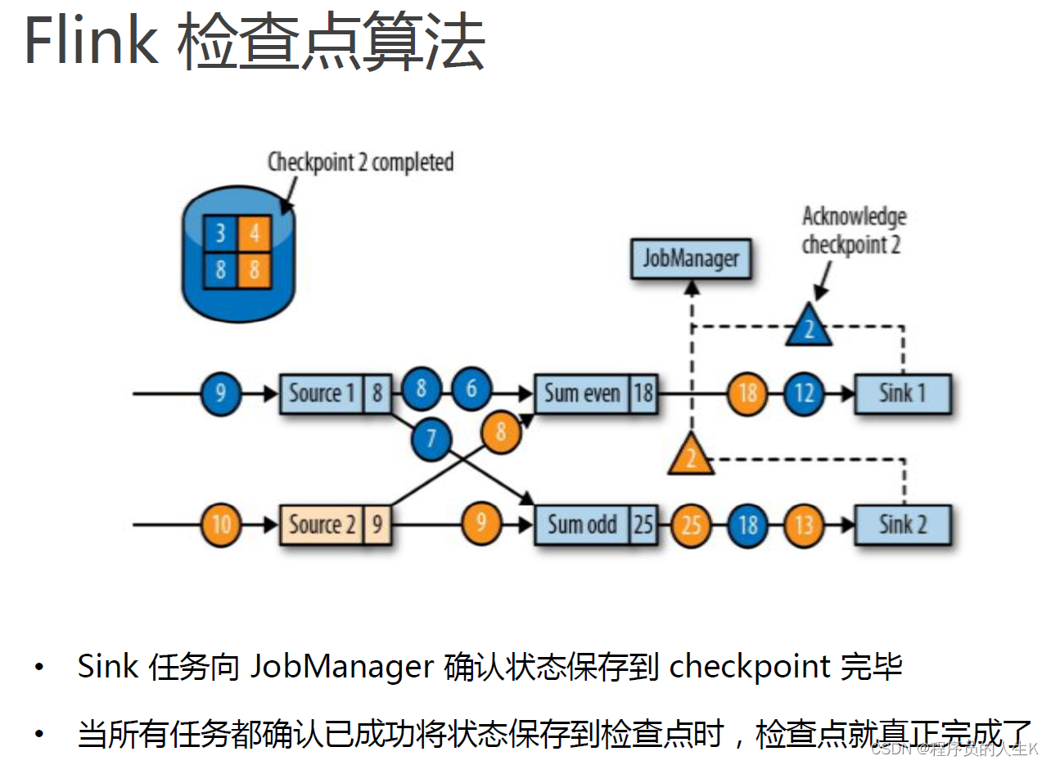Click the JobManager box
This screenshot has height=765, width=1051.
point(691,259)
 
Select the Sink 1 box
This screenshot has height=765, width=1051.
point(903,394)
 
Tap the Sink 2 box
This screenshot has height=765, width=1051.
point(903,524)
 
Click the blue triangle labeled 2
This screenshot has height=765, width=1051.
point(808,326)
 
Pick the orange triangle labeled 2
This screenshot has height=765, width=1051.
point(691,456)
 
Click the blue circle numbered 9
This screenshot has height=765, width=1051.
point(220,394)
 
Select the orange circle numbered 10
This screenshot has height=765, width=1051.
point(221,524)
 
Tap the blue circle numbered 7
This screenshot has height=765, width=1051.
point(431,441)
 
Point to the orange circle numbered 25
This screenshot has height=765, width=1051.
point(692,524)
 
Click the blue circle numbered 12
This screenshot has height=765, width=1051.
point(804,394)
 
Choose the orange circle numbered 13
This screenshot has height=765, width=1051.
point(804,524)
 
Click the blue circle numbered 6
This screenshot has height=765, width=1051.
point(471,388)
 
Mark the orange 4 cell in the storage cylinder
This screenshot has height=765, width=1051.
point(255,235)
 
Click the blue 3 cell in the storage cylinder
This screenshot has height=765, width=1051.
point(220,235)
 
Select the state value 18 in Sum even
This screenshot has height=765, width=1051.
point(643,394)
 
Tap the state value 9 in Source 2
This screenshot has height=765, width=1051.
point(377,524)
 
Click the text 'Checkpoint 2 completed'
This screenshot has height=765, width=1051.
point(360,162)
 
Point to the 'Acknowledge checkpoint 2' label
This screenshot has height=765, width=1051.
point(854,231)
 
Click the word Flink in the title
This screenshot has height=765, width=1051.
point(91,41)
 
